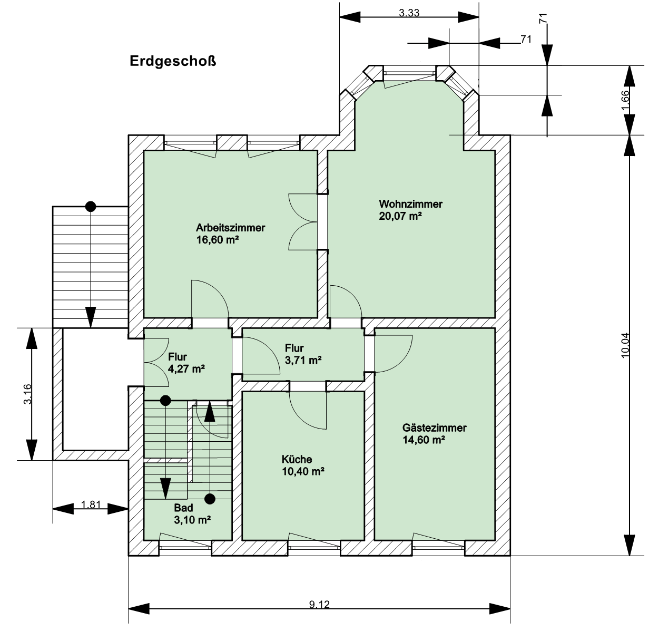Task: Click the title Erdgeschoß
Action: point(173,62)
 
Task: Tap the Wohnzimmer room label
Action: point(410,204)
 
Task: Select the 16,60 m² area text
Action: point(218,239)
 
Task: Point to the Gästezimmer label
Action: point(434,428)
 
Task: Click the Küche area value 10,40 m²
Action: point(303,471)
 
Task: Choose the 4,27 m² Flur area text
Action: point(186,368)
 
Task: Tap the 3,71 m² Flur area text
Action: point(303,360)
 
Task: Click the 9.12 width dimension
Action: point(319,604)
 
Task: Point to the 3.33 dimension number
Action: point(409,13)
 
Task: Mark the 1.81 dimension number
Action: point(91,504)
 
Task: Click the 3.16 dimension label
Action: point(28,394)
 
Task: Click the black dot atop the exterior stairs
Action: point(91,207)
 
